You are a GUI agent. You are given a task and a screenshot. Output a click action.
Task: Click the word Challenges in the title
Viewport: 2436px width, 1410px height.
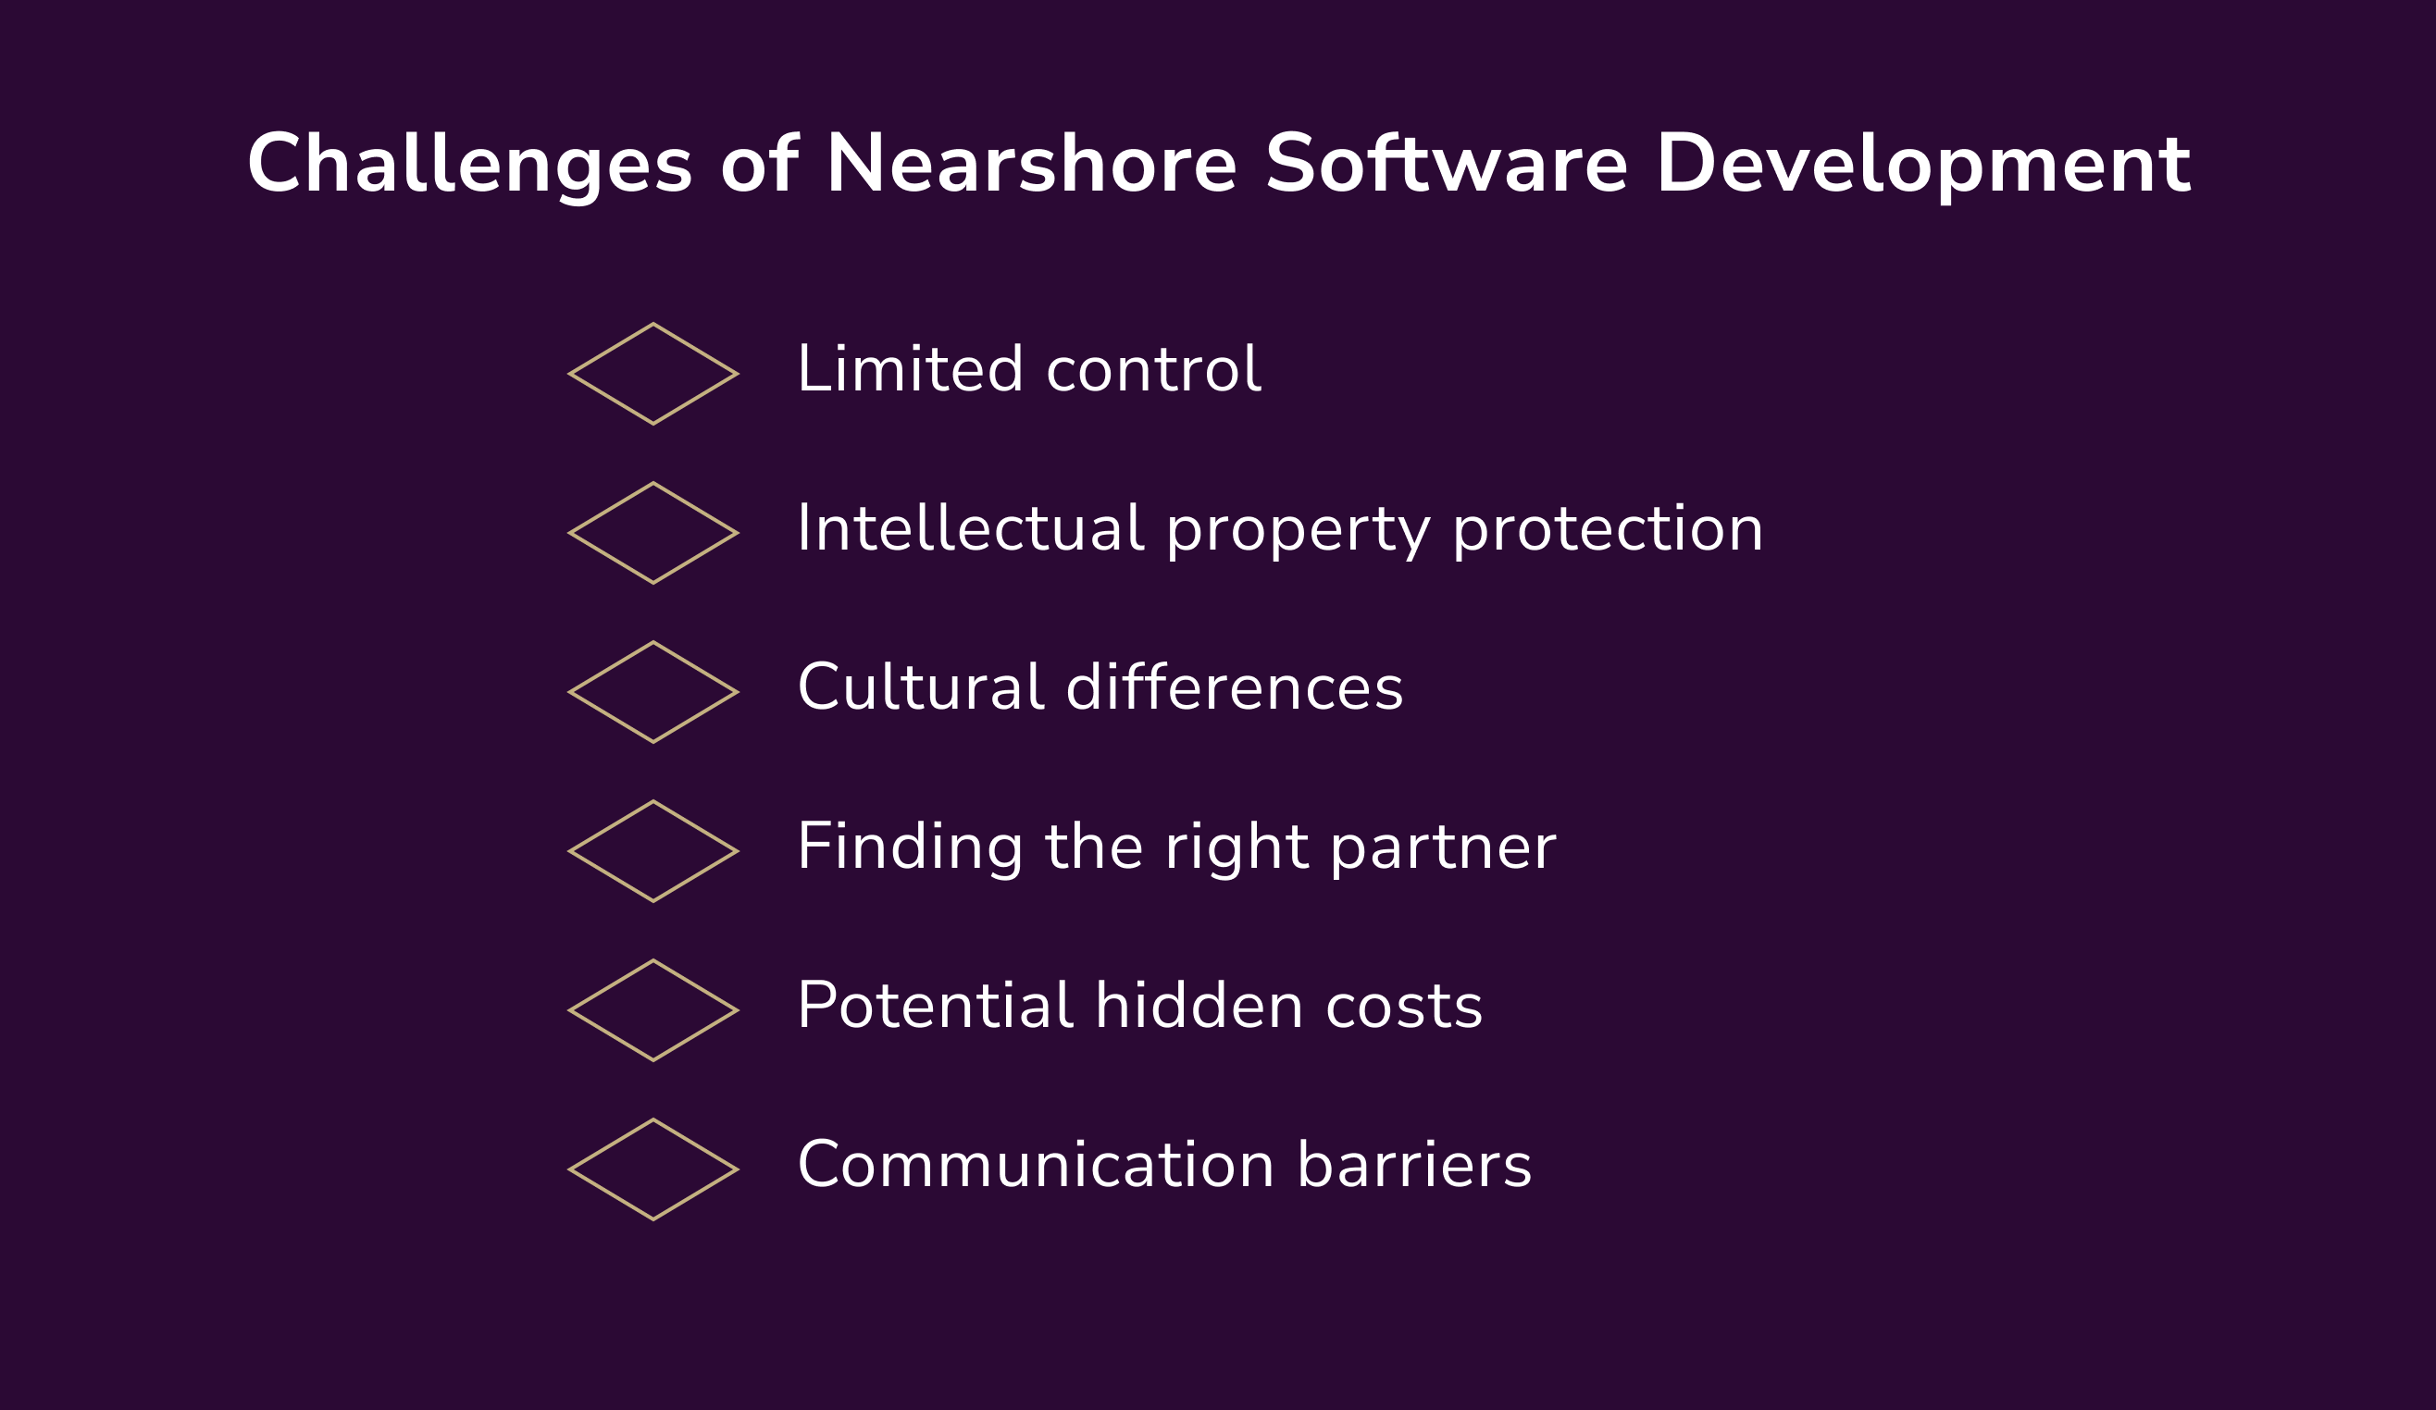(470, 166)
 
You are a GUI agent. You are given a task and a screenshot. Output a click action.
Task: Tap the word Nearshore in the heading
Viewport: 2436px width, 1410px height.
(1030, 166)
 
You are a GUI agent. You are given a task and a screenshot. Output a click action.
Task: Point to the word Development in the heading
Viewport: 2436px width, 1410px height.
(1922, 166)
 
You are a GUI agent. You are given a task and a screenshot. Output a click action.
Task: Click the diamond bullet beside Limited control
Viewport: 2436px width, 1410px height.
(653, 374)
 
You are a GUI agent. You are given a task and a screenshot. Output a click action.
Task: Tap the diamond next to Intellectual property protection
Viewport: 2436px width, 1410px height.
(653, 534)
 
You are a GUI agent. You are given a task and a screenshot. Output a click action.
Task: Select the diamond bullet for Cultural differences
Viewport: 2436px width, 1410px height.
(653, 692)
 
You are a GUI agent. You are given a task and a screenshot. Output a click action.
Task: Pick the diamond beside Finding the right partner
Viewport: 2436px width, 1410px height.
(653, 851)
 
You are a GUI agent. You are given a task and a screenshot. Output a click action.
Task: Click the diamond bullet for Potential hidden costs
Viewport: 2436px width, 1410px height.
(653, 1011)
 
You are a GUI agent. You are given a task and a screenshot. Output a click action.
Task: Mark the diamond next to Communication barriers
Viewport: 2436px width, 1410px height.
(653, 1169)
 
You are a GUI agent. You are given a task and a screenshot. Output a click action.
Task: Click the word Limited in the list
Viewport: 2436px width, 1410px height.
(910, 369)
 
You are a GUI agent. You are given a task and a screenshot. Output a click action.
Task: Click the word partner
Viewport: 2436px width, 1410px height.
(1442, 847)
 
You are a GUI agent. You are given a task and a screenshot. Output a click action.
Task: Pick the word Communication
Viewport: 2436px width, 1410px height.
(1036, 1165)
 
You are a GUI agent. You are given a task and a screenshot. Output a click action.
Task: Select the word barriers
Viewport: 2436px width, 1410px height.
(1413, 1165)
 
